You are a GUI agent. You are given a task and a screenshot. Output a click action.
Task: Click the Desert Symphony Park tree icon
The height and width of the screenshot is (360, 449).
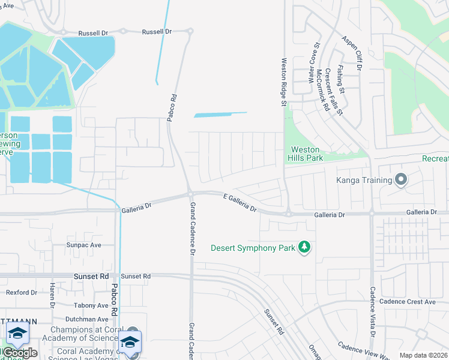click(305, 247)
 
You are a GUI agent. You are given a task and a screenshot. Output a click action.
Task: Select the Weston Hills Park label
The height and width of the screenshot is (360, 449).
click(307, 154)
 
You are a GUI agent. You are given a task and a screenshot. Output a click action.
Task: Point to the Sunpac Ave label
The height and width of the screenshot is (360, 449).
click(84, 245)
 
